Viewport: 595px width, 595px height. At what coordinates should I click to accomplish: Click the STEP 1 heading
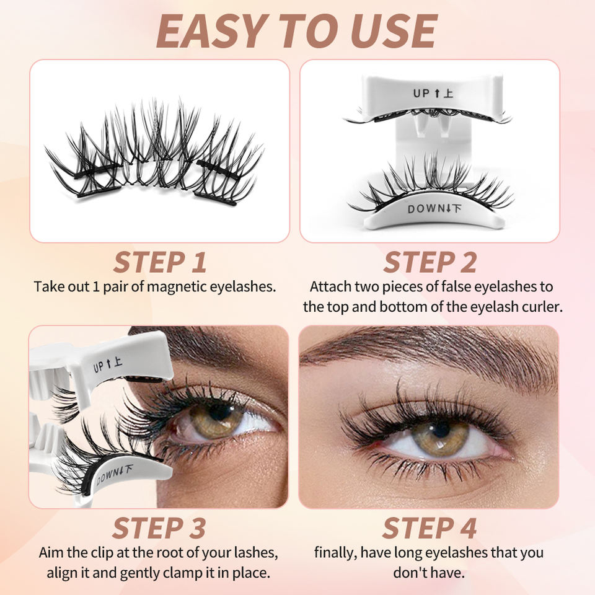(x=159, y=262)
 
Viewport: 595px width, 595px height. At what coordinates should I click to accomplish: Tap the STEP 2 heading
(x=430, y=262)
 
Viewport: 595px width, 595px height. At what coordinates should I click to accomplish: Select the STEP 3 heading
(x=159, y=528)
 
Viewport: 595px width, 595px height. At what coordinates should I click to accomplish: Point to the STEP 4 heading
(x=430, y=528)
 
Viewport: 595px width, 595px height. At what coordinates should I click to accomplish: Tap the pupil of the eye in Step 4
(x=441, y=429)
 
